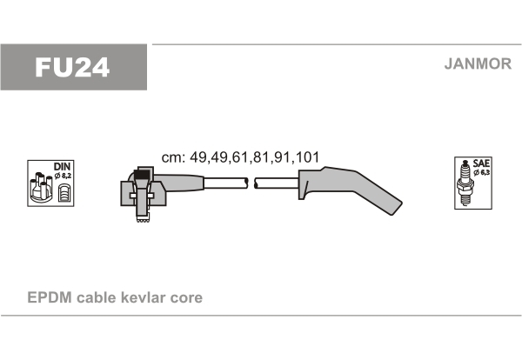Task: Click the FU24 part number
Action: tap(72, 67)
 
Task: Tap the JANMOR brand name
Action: tap(478, 63)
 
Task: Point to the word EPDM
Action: tap(50, 297)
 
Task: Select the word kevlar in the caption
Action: tap(143, 297)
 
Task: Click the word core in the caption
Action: tap(186, 298)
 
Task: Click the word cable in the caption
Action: tap(96, 297)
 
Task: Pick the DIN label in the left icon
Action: tap(63, 167)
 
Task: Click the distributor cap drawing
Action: tap(41, 187)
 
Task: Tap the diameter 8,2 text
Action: tap(63, 176)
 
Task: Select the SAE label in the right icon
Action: tap(481, 163)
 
